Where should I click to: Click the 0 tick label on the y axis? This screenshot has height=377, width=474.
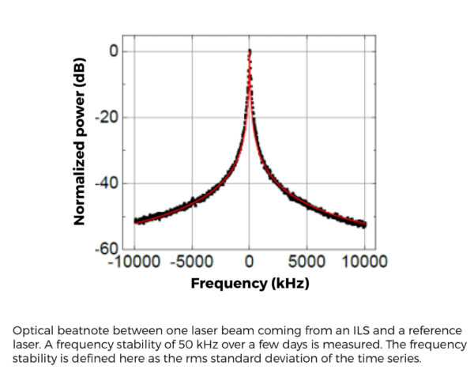(x=113, y=51)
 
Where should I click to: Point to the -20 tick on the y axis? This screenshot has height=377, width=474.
(x=107, y=118)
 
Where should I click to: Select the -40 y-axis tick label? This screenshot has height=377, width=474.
(x=107, y=183)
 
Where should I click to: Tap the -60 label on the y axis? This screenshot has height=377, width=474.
(x=107, y=250)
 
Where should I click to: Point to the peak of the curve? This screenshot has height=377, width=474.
(x=250, y=51)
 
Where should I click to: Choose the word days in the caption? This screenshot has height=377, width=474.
(x=280, y=345)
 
